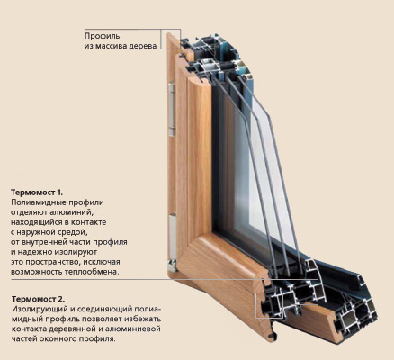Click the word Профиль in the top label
pyautogui.click(x=103, y=36)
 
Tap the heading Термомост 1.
pyautogui.click(x=37, y=192)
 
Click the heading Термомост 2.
pyautogui.click(x=38, y=299)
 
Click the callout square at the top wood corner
pyautogui.click(x=170, y=39)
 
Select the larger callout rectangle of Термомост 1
pyautogui.click(x=304, y=292)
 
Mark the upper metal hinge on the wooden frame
pyautogui.click(x=172, y=110)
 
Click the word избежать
pyautogui.click(x=143, y=319)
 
